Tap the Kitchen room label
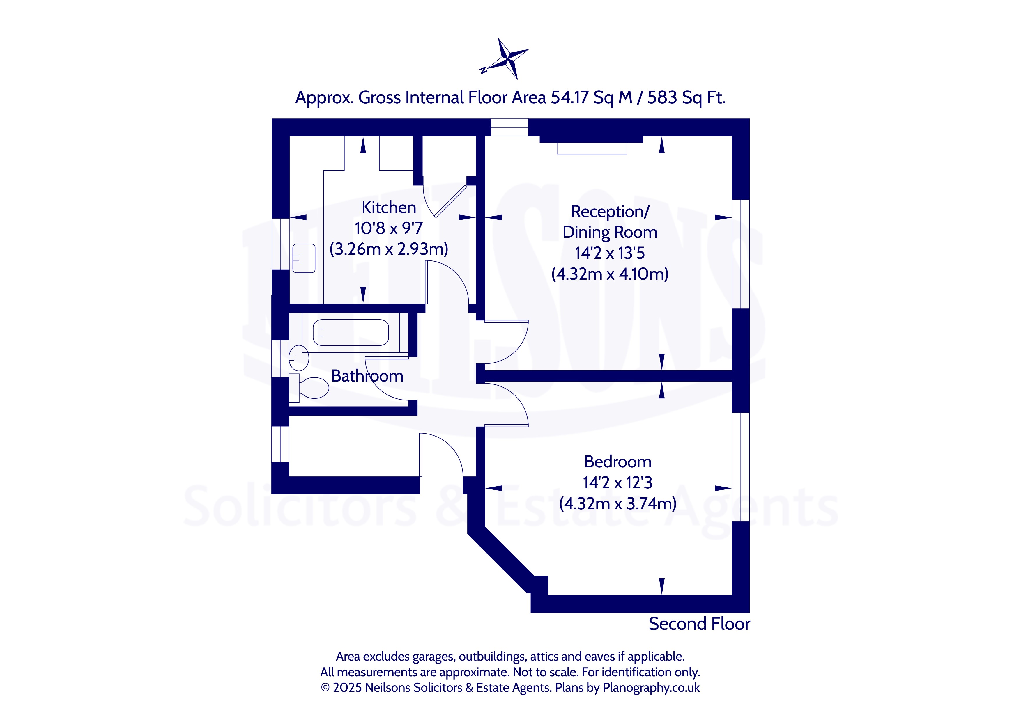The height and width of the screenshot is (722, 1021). [389, 207]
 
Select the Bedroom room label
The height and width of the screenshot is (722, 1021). [618, 462]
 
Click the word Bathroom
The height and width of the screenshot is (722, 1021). [367, 376]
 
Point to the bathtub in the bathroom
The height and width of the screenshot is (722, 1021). [351, 333]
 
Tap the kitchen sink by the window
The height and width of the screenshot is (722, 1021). [304, 258]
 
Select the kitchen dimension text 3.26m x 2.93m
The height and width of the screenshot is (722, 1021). [389, 249]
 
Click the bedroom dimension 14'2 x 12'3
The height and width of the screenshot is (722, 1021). [618, 482]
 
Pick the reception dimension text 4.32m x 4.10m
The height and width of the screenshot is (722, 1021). [610, 274]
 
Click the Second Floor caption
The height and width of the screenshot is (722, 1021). [699, 624]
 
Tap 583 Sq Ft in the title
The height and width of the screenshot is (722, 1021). [686, 97]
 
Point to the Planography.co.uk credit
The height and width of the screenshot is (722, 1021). [651, 688]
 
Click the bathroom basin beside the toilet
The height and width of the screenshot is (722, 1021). [299, 357]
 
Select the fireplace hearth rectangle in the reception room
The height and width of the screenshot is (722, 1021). [592, 148]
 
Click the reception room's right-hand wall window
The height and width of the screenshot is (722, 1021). [741, 254]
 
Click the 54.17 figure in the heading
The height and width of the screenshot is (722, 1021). [570, 97]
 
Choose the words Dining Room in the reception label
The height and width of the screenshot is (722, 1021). [610, 233]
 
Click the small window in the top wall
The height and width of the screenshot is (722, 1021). [509, 127]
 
